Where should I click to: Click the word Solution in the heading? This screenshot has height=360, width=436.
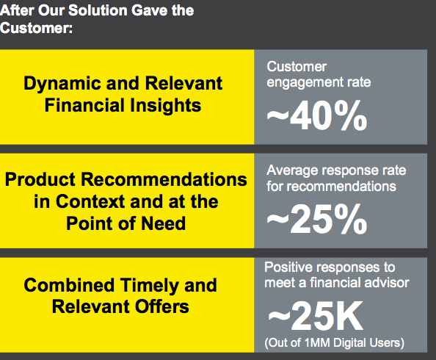click(x=98, y=10)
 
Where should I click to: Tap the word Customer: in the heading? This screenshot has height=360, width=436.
click(x=36, y=28)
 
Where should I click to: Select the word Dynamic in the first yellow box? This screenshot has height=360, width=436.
click(x=62, y=84)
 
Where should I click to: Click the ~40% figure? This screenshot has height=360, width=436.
click(x=317, y=115)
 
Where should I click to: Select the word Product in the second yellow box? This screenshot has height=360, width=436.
click(x=40, y=179)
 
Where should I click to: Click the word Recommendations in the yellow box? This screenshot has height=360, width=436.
click(x=164, y=179)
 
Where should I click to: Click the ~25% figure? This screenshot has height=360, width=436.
click(x=317, y=219)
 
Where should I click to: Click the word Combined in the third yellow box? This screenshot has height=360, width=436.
click(x=69, y=285)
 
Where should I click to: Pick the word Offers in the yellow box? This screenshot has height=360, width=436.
click(x=161, y=306)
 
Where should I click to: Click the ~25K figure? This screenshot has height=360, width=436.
click(x=316, y=317)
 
